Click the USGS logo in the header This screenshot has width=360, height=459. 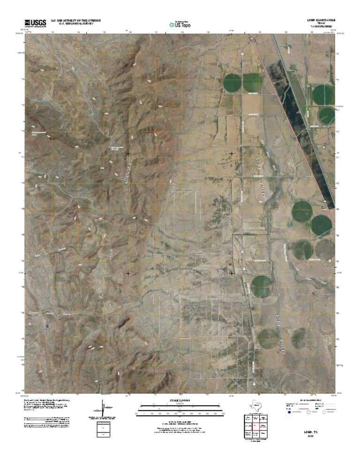point(33,22)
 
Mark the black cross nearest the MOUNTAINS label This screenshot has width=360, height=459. point(128,153)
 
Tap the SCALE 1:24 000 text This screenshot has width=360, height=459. point(180,400)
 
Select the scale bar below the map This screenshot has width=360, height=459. point(180,408)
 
